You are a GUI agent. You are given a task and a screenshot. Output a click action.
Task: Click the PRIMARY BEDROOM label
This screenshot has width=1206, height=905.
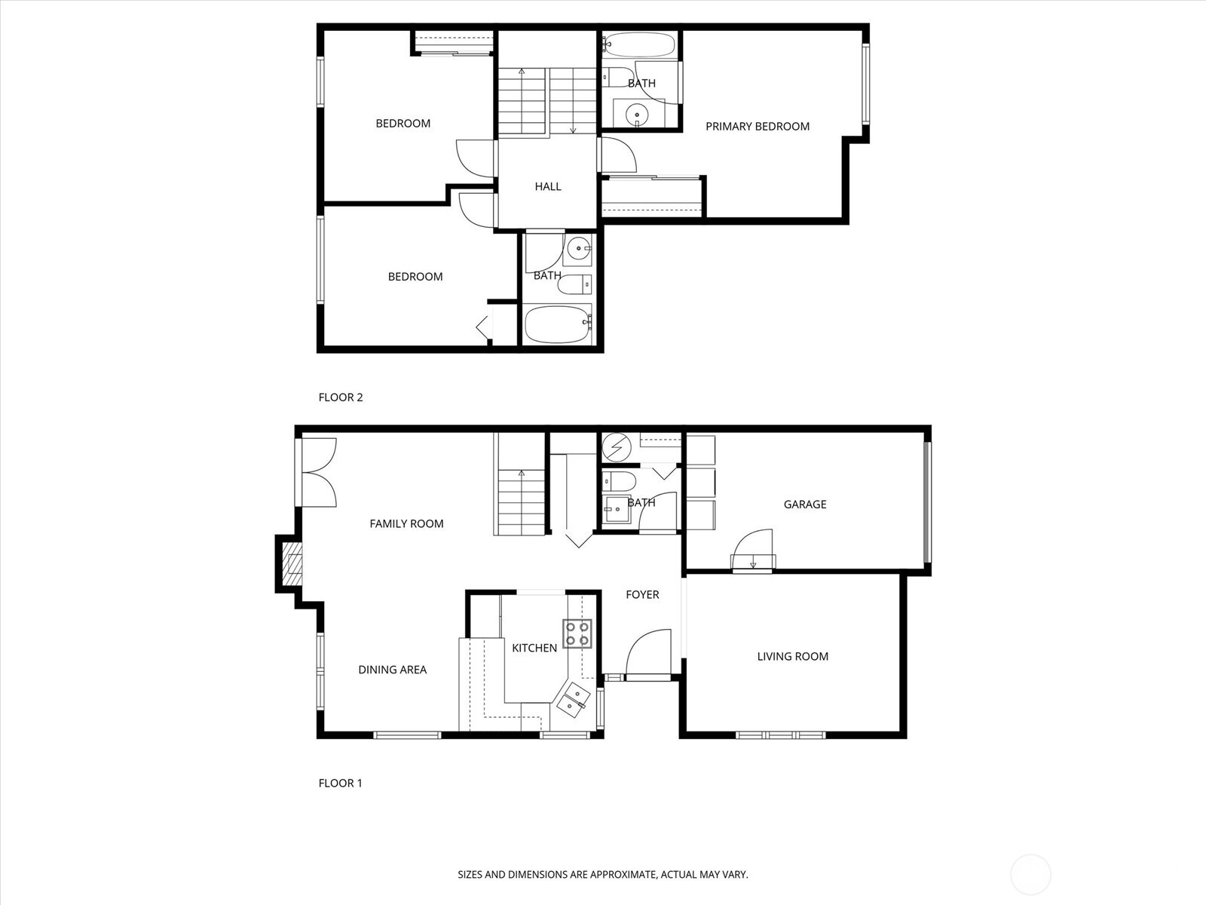click(757, 127)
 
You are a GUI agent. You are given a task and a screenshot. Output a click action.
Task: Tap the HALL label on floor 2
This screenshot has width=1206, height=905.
click(548, 186)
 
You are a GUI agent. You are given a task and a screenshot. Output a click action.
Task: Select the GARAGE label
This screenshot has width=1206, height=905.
click(804, 504)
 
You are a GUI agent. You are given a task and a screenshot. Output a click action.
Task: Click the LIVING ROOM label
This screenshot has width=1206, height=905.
click(792, 656)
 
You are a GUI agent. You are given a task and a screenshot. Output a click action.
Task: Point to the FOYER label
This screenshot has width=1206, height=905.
click(642, 594)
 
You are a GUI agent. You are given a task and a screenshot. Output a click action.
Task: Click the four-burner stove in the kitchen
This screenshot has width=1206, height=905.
click(577, 633)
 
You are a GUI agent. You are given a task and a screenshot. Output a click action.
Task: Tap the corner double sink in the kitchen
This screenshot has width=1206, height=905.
click(572, 698)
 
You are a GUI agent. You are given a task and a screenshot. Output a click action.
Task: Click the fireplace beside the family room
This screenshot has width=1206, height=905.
click(291, 564)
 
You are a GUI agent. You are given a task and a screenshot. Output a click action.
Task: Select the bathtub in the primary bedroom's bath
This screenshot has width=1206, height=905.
click(638, 45)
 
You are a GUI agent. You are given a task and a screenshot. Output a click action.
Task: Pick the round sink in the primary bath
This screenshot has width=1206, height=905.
click(638, 114)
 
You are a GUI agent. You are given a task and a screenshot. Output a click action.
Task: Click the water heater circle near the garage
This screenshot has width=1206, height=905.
click(617, 447)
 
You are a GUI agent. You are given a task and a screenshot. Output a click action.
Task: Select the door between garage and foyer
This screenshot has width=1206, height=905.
click(753, 551)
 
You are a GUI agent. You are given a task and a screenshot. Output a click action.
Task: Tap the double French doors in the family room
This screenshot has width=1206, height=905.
click(319, 472)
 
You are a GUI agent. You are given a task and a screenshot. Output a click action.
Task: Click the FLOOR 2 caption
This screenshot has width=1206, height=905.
click(341, 397)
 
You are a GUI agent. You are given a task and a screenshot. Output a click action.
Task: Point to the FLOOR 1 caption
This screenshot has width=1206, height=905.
click(340, 783)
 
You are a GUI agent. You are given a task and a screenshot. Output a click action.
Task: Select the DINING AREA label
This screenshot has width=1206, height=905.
click(392, 669)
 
